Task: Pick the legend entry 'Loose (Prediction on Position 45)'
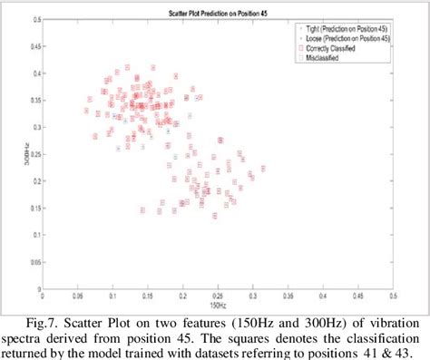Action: [348, 41]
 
